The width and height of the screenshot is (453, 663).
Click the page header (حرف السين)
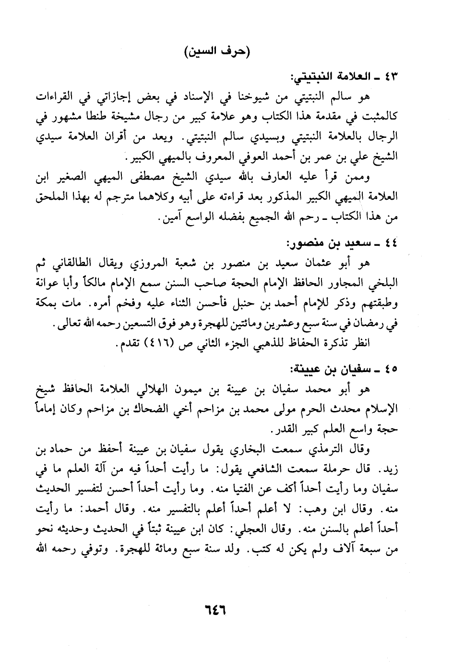click(x=217, y=51)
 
